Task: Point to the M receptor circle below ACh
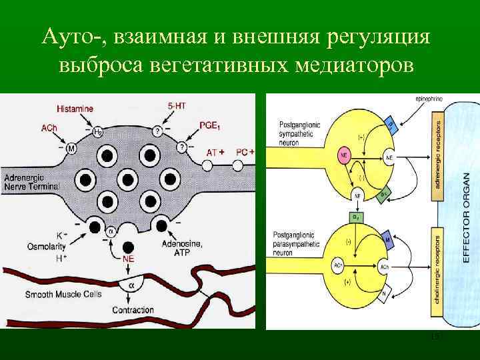tap(71, 147)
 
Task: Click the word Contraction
tap(133, 310)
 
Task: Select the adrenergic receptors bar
tap(438, 153)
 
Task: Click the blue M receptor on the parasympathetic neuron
tap(387, 238)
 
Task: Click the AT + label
tap(215, 153)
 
